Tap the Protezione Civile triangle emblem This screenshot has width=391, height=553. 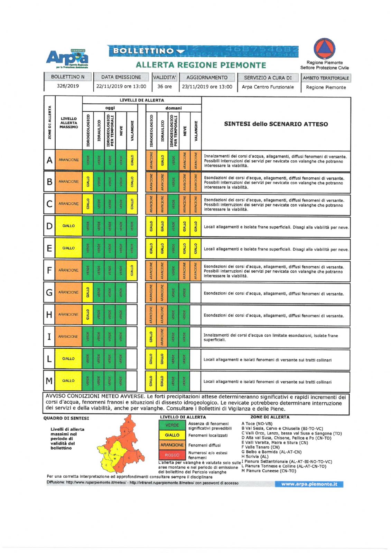[x=324, y=49]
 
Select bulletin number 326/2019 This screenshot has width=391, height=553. [x=68, y=86]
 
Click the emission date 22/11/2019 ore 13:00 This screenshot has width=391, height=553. [x=121, y=86]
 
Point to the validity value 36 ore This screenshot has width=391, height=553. [x=165, y=86]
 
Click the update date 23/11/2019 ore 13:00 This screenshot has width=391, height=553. [x=207, y=87]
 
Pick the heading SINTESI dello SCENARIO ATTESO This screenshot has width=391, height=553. [x=276, y=124]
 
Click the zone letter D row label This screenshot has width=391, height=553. [x=49, y=226]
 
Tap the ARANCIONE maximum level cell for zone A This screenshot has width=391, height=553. [x=68, y=160]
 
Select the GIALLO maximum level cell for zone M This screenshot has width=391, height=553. [x=68, y=381]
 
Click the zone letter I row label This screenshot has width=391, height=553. [x=49, y=337]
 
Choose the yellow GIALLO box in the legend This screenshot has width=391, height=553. [x=172, y=435]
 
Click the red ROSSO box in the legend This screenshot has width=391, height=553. [x=172, y=455]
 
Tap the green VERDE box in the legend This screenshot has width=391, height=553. [x=172, y=425]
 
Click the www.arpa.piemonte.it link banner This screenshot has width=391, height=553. [x=309, y=484]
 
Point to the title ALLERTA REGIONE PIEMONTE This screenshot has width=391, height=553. [x=201, y=65]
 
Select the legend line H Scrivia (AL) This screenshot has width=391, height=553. [x=255, y=457]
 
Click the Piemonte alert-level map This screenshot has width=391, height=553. [x=121, y=444]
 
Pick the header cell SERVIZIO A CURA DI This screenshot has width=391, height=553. [x=268, y=78]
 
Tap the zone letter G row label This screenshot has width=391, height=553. [x=49, y=292]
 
